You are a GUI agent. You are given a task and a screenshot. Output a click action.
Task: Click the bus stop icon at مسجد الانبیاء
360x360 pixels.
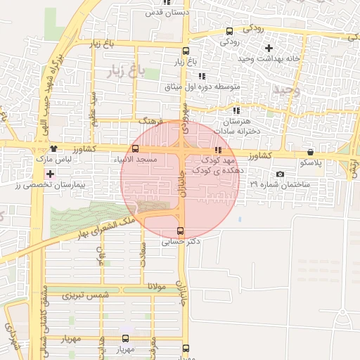(135, 148)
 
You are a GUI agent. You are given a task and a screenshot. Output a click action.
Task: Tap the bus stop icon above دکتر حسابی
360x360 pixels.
(180, 231)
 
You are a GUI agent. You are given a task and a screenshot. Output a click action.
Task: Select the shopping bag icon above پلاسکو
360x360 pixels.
(310, 152)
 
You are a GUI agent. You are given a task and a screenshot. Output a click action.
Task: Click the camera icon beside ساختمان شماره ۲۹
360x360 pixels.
(281, 174)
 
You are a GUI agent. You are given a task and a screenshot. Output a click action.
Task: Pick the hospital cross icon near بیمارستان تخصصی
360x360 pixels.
(49, 173)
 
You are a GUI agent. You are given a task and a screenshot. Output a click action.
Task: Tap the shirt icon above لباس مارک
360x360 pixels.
(54, 148)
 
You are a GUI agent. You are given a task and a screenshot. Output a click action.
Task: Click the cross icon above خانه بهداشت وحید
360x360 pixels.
(268, 48)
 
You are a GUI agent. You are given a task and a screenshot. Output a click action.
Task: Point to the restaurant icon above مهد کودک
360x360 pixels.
(218, 149)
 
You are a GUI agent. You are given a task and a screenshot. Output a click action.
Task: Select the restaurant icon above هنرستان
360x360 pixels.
(236, 110)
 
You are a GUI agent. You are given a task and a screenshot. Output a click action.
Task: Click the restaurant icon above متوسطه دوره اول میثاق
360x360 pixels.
(202, 76)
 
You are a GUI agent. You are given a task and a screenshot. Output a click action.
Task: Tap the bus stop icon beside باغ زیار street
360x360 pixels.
(186, 51)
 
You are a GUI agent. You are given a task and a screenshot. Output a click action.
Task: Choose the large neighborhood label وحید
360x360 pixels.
(288, 90)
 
